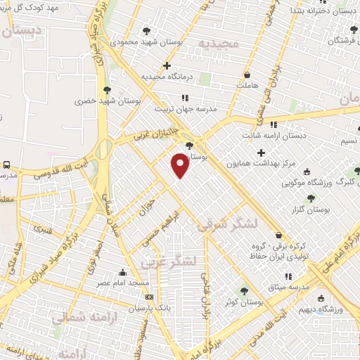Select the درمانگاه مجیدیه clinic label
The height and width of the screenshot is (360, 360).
166,77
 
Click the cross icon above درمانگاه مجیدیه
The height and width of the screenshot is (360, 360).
167,66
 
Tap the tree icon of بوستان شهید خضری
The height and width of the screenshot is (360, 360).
107,89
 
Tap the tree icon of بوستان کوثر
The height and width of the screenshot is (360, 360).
244,290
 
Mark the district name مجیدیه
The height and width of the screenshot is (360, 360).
220,44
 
